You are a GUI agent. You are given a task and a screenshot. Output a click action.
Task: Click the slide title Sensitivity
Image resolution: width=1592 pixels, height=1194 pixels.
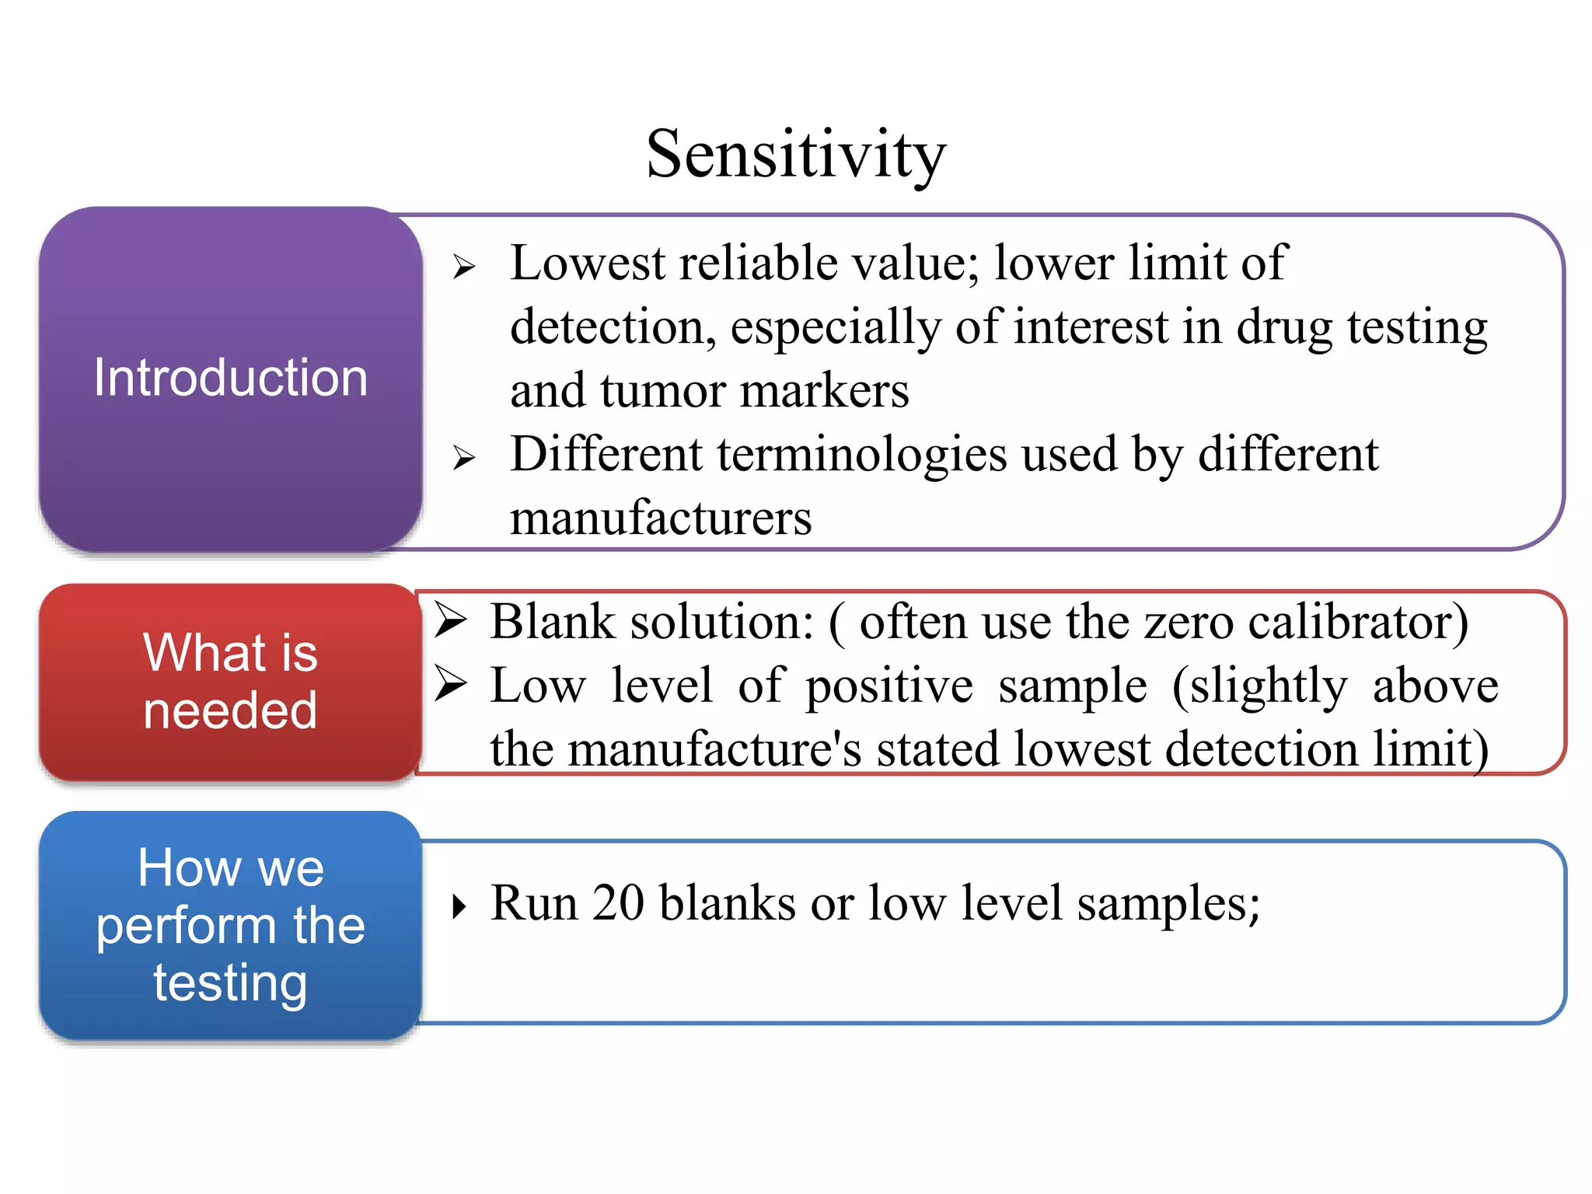point(796,155)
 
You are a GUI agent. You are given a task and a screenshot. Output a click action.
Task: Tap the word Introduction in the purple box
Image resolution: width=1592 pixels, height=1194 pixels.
point(230,379)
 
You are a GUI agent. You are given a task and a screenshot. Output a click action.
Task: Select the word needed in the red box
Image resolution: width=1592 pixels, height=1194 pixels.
point(230,710)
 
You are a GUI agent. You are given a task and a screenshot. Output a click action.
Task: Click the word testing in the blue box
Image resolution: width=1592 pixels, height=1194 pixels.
point(230,984)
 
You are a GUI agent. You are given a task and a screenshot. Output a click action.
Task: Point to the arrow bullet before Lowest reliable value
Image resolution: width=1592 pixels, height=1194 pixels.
point(464,267)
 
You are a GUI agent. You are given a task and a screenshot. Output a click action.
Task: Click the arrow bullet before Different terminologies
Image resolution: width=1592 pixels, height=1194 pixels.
point(464,458)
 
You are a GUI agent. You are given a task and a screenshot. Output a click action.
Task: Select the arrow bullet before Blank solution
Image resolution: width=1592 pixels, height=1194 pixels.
point(450,621)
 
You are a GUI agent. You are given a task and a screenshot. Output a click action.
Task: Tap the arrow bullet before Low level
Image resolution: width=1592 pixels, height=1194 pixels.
point(450,685)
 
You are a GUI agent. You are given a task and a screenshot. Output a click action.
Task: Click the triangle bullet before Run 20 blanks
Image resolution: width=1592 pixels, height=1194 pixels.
point(459,906)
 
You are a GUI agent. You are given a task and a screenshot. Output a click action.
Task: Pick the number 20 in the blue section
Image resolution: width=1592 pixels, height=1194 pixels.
point(618,903)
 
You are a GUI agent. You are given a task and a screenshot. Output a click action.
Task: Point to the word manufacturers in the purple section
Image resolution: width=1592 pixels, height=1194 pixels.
point(661,518)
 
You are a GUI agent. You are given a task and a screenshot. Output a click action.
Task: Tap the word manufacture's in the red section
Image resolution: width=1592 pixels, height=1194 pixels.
point(714,749)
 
